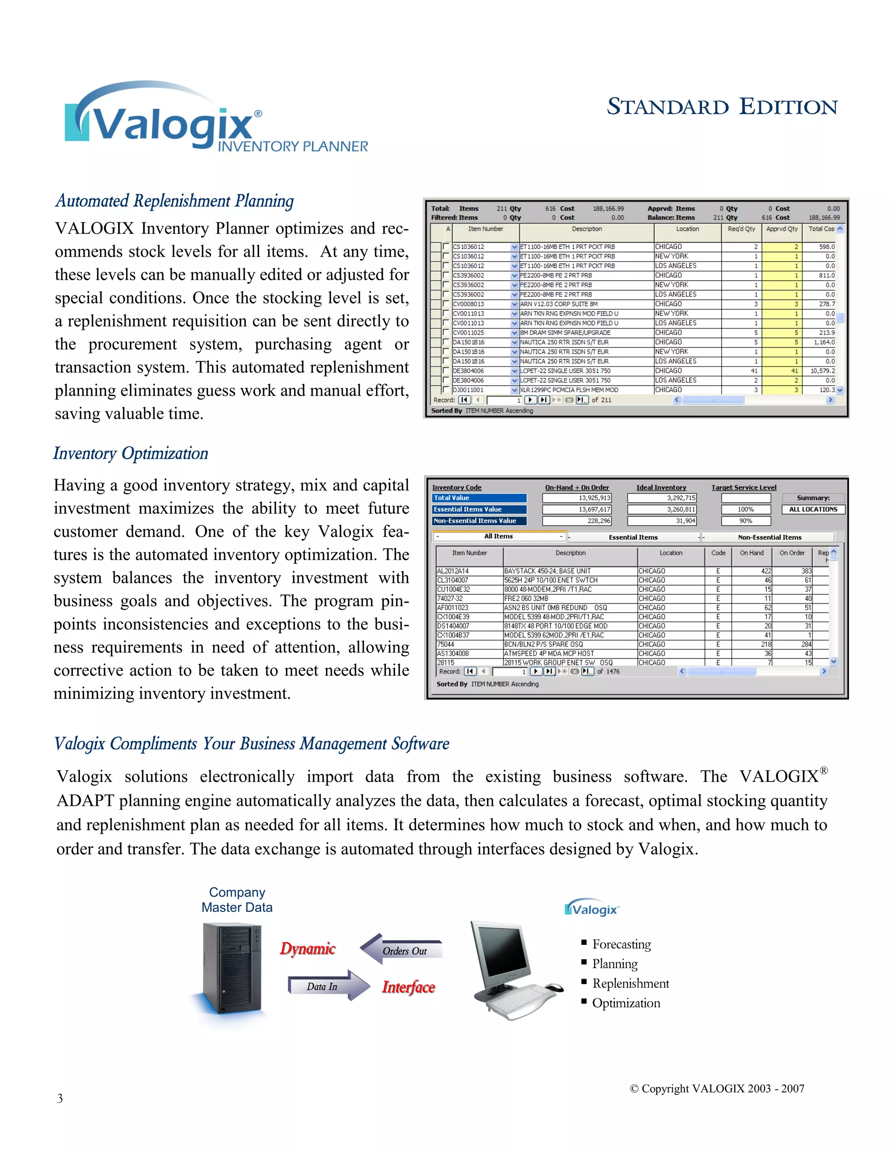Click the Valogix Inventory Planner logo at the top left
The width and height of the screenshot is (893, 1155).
click(x=211, y=119)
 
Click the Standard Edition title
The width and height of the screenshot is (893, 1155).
click(x=722, y=107)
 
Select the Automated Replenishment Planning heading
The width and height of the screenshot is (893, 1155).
click(x=174, y=201)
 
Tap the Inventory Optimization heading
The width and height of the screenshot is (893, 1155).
click(x=131, y=453)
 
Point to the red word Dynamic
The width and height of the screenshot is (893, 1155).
click(x=307, y=949)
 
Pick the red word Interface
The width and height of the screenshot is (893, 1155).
click(x=409, y=987)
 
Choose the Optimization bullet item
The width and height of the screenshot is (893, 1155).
click(x=626, y=1003)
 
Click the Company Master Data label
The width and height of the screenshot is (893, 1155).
click(x=237, y=900)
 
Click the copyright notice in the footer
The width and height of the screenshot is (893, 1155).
click(x=717, y=1088)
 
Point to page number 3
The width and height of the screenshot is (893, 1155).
click(x=60, y=1098)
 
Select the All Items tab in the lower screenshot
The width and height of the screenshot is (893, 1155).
click(x=498, y=536)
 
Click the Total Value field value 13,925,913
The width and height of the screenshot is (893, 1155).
click(x=577, y=498)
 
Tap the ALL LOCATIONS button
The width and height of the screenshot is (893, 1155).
click(x=813, y=509)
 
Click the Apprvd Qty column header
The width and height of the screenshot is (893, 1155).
click(x=781, y=229)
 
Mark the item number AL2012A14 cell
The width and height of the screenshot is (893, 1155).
click(x=453, y=571)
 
